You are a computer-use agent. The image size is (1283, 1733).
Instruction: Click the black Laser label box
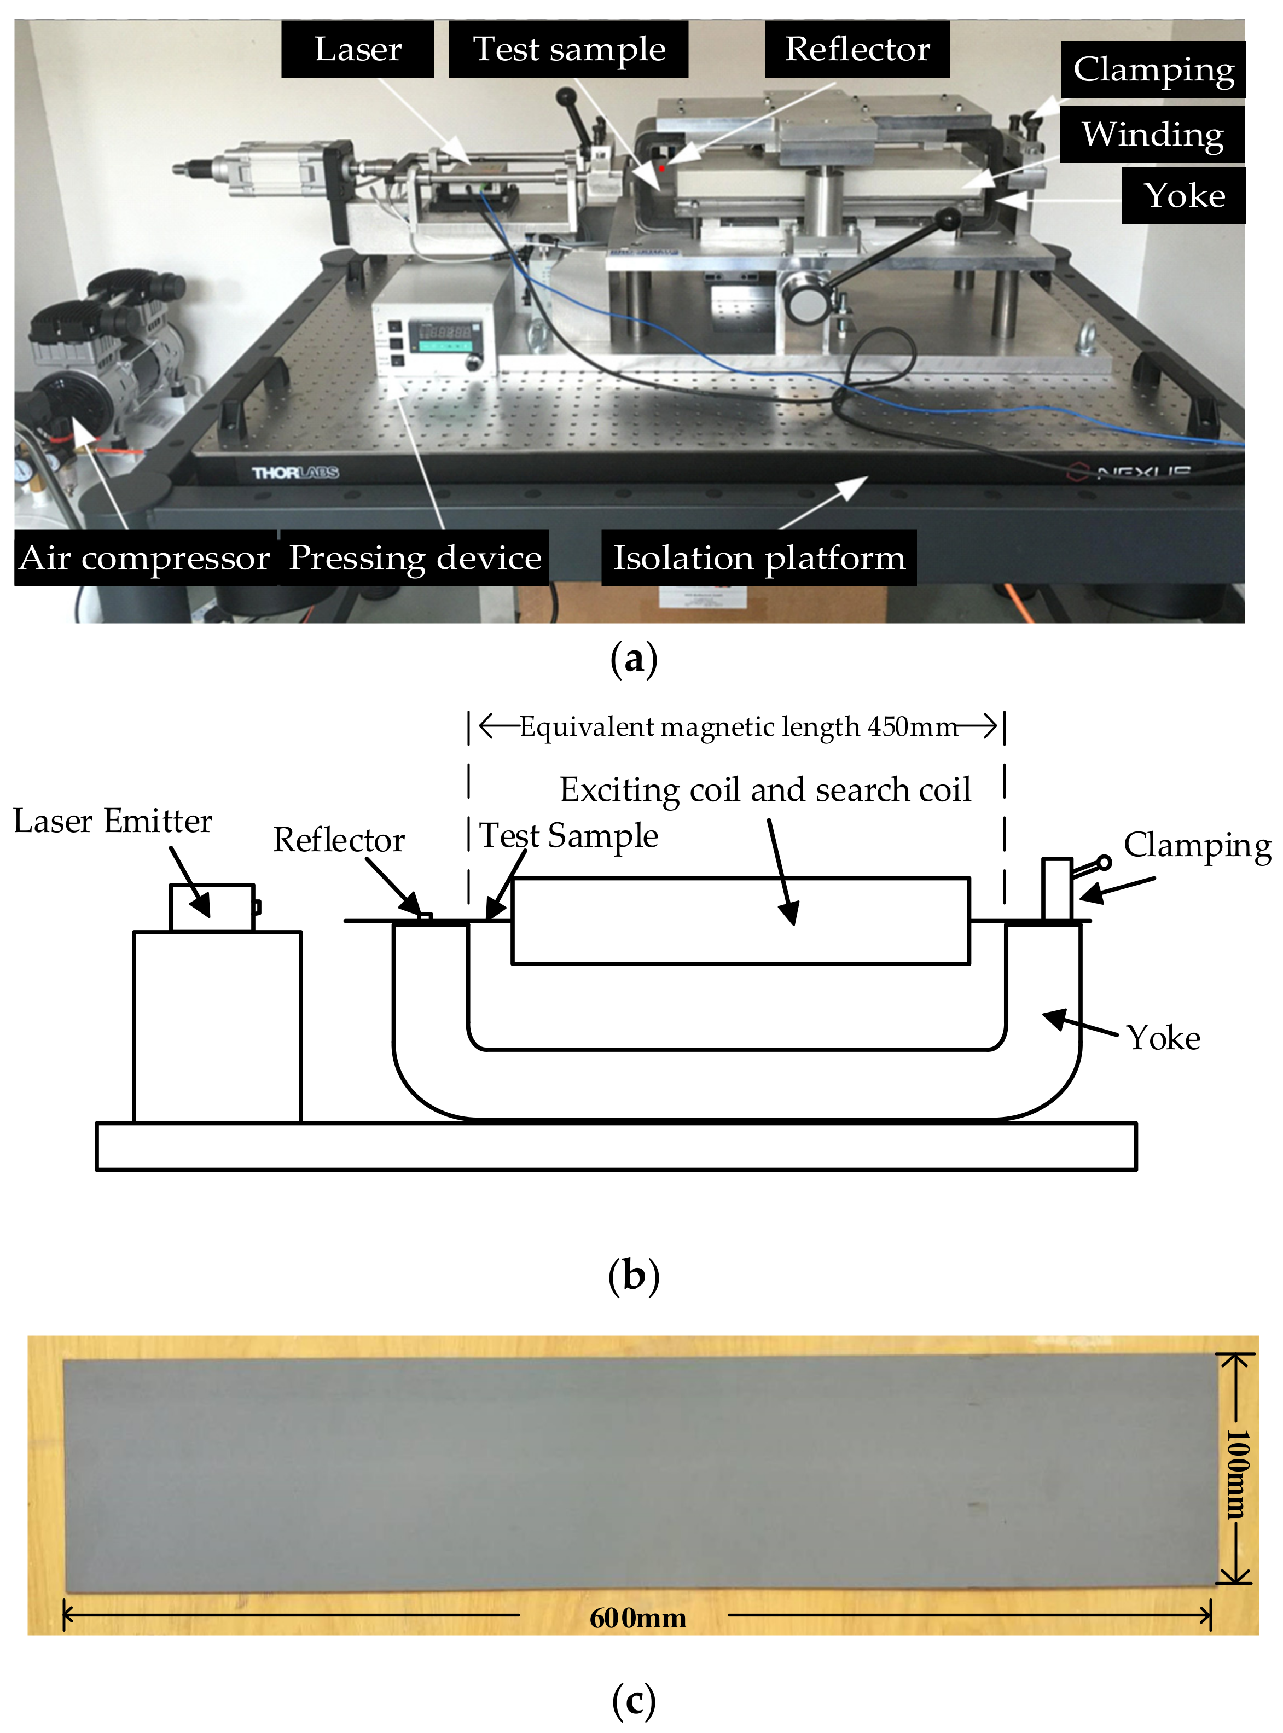[x=357, y=49]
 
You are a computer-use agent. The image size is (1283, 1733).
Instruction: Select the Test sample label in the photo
[x=568, y=49]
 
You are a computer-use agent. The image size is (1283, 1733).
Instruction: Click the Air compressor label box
[x=144, y=557]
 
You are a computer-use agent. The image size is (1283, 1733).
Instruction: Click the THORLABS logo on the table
[x=294, y=472]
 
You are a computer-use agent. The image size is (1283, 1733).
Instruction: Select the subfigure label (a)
[x=634, y=659]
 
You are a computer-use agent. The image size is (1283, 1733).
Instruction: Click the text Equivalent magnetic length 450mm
[x=738, y=727]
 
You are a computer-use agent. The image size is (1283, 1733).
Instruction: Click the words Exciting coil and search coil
[x=765, y=789]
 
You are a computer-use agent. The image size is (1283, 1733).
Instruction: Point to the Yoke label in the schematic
[x=1163, y=1038]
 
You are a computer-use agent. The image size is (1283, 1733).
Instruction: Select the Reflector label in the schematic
[x=339, y=840]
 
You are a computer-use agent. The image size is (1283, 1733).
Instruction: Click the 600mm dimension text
[x=637, y=1618]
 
